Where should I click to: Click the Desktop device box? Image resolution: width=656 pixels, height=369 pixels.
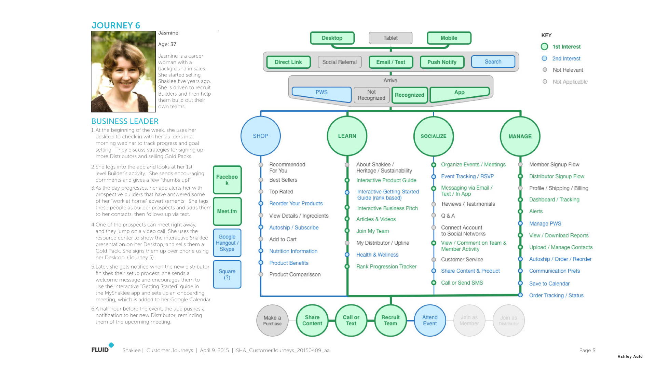tap(332, 38)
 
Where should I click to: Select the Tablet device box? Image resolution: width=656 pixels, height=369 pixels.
tap(391, 38)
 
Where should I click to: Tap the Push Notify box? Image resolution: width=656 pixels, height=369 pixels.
tap(442, 62)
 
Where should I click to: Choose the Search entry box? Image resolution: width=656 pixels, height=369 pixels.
tap(493, 61)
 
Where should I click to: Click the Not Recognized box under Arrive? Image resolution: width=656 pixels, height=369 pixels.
tap(371, 95)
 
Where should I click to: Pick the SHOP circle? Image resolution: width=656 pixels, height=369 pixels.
tap(260, 136)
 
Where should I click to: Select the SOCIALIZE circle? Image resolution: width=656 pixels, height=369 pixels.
tap(434, 136)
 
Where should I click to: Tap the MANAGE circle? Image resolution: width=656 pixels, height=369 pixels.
tap(520, 136)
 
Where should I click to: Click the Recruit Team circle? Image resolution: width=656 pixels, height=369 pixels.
tap(391, 320)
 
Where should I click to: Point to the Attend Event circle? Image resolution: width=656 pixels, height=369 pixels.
tap(430, 320)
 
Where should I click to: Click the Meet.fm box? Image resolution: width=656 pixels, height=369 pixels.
tap(227, 211)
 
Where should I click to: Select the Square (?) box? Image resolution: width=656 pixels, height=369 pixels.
tap(227, 274)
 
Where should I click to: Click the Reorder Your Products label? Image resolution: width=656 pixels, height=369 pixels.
tap(296, 204)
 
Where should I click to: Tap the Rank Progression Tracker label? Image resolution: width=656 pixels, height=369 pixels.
tap(386, 266)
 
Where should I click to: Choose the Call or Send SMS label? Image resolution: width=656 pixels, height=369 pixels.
tap(462, 283)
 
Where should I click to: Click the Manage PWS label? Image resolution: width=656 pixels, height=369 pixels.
tap(545, 224)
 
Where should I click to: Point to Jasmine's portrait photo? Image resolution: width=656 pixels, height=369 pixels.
tap(123, 71)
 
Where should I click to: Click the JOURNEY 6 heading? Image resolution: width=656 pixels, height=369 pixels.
tap(116, 25)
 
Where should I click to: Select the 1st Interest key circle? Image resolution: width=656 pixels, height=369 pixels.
tap(545, 46)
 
